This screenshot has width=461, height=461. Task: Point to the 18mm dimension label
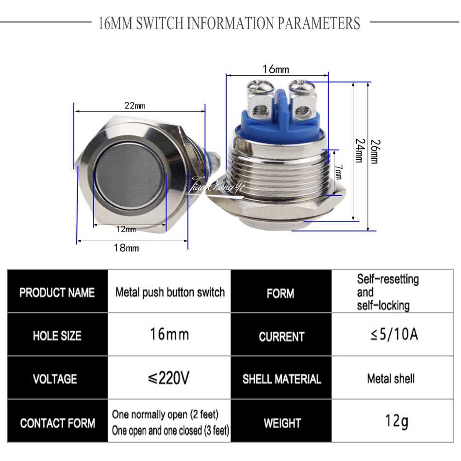tap(126, 248)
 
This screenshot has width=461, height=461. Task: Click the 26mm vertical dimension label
tap(374, 152)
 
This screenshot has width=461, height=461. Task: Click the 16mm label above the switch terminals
tap(275, 69)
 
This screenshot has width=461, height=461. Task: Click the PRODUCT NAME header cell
tap(57, 293)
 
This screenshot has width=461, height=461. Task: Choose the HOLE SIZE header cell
tap(57, 336)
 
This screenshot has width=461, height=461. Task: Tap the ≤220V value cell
tap(168, 379)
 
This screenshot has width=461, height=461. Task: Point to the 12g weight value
tap(396, 421)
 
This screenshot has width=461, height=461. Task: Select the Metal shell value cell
tap(391, 379)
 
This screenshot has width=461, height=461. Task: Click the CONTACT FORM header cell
tap(57, 423)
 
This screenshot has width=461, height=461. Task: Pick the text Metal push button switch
tap(170, 292)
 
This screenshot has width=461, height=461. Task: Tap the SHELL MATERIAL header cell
tap(281, 379)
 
